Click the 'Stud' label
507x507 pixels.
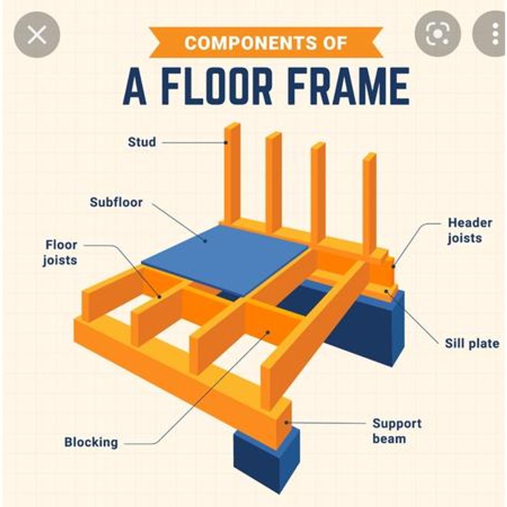pos(142,143)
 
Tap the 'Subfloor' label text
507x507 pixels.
pos(116,202)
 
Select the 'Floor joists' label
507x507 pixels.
pos(60,252)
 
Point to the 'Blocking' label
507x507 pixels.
pos(91,442)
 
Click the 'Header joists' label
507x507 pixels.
pos(470,230)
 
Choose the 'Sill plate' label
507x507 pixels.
pos(472,344)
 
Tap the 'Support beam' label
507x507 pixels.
pos(397,431)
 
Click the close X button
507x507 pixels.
pos(37,34)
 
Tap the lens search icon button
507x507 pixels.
pos(438,34)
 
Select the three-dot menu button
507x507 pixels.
pos(491,34)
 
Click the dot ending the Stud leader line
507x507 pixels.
pos(226,143)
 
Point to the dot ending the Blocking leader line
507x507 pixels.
pos(268,332)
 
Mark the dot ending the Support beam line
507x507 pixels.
pos(286,422)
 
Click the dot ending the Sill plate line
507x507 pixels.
pos(386,291)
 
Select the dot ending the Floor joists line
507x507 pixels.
pos(159,296)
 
